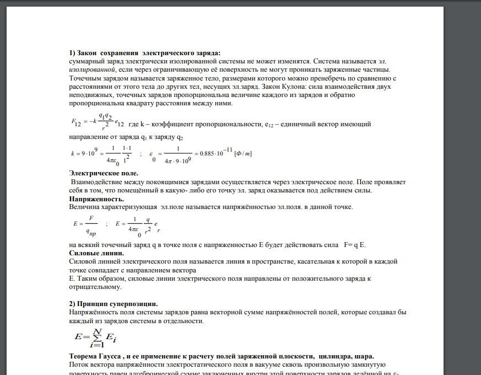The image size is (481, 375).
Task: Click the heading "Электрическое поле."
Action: click(x=103, y=173)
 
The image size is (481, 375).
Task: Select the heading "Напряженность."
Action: click(x=96, y=199)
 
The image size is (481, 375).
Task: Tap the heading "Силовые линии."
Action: click(x=96, y=253)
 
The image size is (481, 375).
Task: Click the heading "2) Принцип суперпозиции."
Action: click(x=114, y=304)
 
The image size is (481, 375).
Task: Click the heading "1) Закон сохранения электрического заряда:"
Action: click(x=144, y=52)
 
